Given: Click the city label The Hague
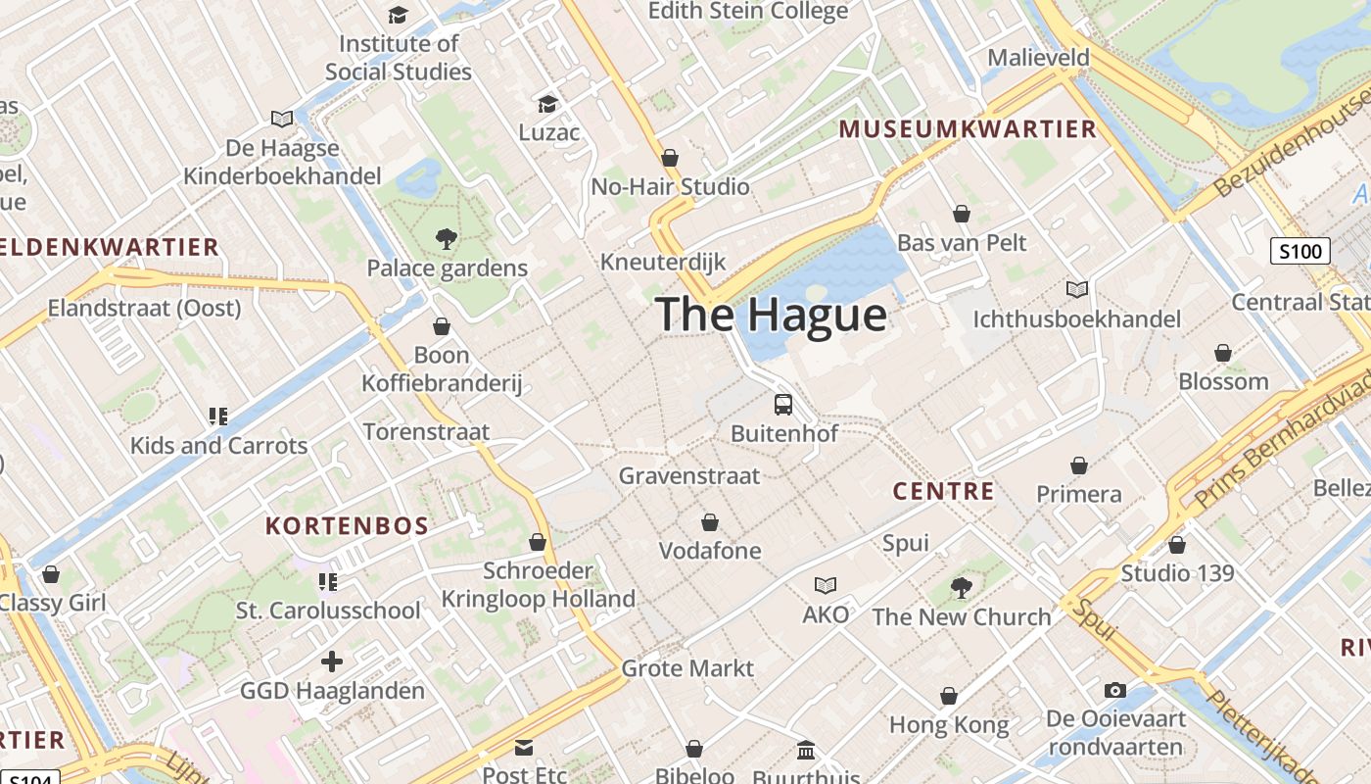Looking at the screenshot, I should (x=772, y=315).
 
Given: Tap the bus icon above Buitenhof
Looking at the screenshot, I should (x=783, y=404).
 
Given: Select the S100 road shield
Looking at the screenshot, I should (x=1300, y=251).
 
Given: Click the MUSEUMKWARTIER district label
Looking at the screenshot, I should (x=968, y=129).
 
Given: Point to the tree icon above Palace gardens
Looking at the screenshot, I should (x=447, y=238).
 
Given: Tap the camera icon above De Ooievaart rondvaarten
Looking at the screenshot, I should (x=1114, y=690).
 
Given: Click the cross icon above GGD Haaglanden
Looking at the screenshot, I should (x=332, y=661).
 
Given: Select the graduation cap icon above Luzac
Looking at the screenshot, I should (x=548, y=103).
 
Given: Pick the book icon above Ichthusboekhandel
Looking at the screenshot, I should (x=1077, y=289).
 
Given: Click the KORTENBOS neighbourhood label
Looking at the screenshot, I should (x=348, y=526).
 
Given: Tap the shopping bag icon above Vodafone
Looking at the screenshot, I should (x=710, y=522).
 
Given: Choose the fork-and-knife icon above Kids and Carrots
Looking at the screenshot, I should (x=218, y=416).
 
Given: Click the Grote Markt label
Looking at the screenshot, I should (x=687, y=668).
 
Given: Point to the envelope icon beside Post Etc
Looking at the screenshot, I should (x=524, y=748).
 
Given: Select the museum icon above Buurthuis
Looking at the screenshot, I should (x=805, y=750).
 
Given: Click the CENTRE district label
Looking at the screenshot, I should (x=943, y=491).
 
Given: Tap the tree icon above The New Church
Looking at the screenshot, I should (x=962, y=587).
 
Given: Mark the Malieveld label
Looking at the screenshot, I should (x=1038, y=58).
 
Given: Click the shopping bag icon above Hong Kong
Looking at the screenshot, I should (x=948, y=696).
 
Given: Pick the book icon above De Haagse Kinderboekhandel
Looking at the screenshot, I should (x=282, y=119).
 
